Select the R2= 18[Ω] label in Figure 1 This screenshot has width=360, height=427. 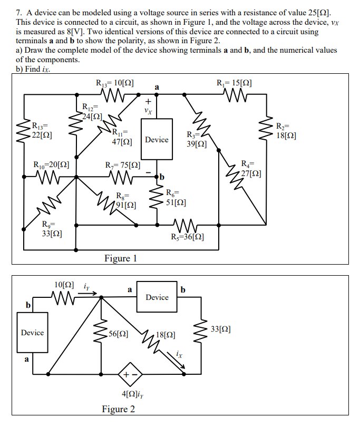pyautogui.click(x=286, y=130)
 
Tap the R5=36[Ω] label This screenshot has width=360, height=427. pyautogui.click(x=188, y=236)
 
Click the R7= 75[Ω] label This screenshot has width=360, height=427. pyautogui.click(x=123, y=164)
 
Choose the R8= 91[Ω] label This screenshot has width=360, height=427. pyautogui.click(x=126, y=200)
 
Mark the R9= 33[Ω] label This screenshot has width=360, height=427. pyautogui.click(x=53, y=230)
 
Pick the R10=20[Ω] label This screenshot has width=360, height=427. pyautogui.click(x=51, y=164)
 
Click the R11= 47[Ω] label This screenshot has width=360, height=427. pyautogui.click(x=122, y=137)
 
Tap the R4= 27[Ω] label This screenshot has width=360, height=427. pyautogui.click(x=250, y=168)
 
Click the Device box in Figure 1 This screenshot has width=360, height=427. pyautogui.click(x=157, y=139)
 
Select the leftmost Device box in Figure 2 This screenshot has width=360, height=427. pyautogui.click(x=32, y=333)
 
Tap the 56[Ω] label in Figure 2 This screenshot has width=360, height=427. pyautogui.click(x=116, y=333)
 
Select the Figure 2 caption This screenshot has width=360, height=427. pyautogui.click(x=119, y=409)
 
